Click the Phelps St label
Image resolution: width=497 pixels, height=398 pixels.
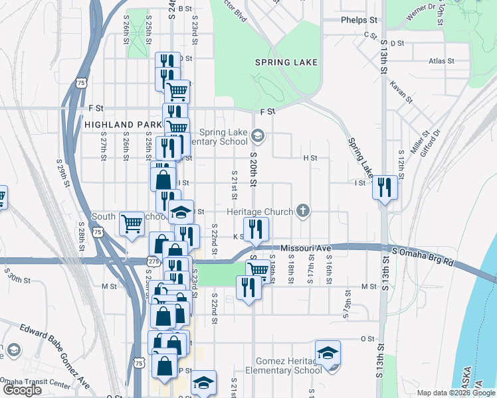pyautogui.click(x=359, y=20)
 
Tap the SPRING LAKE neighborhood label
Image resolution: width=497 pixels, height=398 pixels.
pyautogui.click(x=286, y=62)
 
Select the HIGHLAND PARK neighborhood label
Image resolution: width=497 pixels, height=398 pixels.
pyautogui.click(x=123, y=124)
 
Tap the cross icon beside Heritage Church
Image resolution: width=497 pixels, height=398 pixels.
pyautogui.click(x=303, y=212)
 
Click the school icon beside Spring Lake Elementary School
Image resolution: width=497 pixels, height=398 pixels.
pyautogui.click(x=258, y=137)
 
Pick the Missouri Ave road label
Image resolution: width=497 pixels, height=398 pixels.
pyautogui.click(x=306, y=248)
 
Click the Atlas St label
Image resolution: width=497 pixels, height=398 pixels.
pyautogui.click(x=441, y=60)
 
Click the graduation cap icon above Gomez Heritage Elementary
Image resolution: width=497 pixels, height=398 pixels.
pyautogui.click(x=328, y=353)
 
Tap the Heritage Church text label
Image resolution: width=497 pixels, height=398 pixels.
pyautogui.click(x=260, y=212)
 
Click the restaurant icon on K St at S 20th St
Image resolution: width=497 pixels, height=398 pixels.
pyautogui.click(x=256, y=230)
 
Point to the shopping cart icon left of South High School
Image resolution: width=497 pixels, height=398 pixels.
pyautogui.click(x=132, y=223)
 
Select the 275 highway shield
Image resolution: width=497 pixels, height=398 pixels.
pyautogui.click(x=153, y=262)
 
